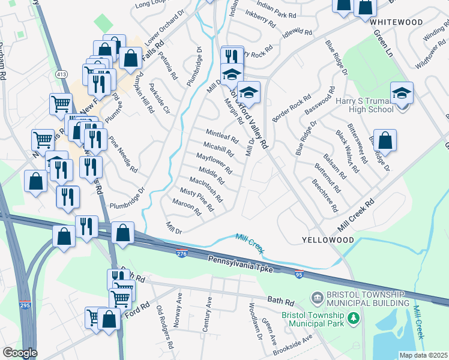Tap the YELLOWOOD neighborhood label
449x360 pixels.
tap(327, 240)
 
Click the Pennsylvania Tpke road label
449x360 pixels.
tap(240, 265)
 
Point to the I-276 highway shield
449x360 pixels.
tap(182, 254)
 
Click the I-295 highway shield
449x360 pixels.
tap(25, 305)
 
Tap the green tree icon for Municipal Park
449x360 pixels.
tap(354, 319)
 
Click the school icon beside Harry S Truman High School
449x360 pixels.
tap(402, 94)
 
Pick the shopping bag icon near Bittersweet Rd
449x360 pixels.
tap(385, 142)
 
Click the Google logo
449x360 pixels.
tap(19, 353)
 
